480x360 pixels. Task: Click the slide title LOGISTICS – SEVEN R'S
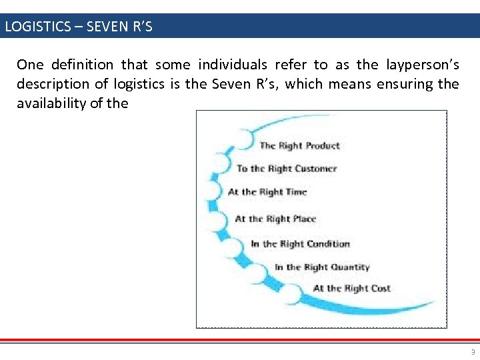click(x=79, y=27)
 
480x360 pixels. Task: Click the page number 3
click(x=473, y=353)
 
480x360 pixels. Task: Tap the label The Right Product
click(x=299, y=145)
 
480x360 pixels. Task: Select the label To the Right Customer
click(x=287, y=169)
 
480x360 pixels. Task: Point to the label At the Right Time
click(x=267, y=192)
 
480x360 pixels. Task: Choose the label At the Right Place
click(x=275, y=219)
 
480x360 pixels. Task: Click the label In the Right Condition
click(x=300, y=244)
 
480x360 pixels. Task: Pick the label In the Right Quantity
click(x=322, y=267)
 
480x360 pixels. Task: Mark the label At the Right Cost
click(x=351, y=289)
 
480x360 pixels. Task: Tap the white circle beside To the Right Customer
click(x=222, y=164)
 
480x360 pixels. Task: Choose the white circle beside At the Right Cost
click(x=292, y=293)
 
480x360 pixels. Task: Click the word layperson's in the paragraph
click(x=421, y=65)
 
